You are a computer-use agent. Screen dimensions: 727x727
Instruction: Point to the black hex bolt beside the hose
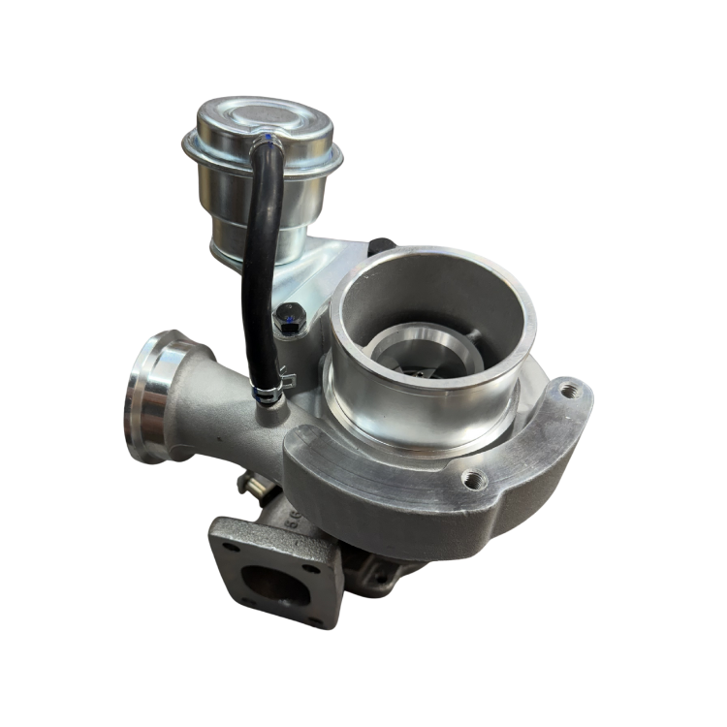tap(288, 316)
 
